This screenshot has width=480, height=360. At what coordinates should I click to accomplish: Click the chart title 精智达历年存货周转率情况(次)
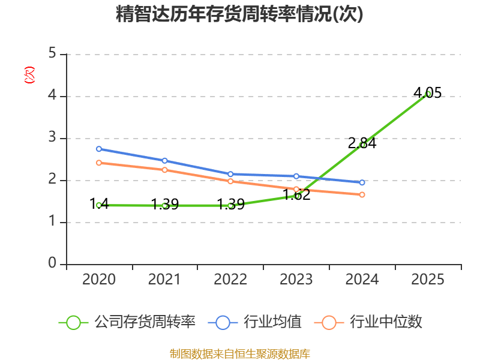(239, 14)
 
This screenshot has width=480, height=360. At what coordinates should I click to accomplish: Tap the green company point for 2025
(428, 94)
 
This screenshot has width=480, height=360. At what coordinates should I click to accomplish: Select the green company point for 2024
(362, 145)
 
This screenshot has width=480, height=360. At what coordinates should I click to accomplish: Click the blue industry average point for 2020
(99, 149)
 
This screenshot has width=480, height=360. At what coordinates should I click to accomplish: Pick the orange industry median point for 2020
(99, 163)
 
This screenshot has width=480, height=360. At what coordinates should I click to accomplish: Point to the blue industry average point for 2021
(165, 161)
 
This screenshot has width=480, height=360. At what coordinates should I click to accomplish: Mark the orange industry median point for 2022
(230, 181)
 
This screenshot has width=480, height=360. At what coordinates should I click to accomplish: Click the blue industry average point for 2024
(362, 182)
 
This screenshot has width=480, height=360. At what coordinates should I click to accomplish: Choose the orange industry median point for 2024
(362, 194)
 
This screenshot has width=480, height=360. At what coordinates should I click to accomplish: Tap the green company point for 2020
(99, 205)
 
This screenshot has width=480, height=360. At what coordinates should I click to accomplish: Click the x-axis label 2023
(296, 280)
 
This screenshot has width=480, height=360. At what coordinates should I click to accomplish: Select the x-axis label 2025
(428, 280)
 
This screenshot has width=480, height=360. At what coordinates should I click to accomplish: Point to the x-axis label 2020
(99, 280)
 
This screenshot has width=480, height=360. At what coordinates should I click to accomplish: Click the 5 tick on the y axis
(52, 54)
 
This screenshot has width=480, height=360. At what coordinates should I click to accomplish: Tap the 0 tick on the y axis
(52, 264)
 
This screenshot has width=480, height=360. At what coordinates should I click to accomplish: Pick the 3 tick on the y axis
(52, 138)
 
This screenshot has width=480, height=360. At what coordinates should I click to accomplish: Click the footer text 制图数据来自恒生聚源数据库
(239, 353)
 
